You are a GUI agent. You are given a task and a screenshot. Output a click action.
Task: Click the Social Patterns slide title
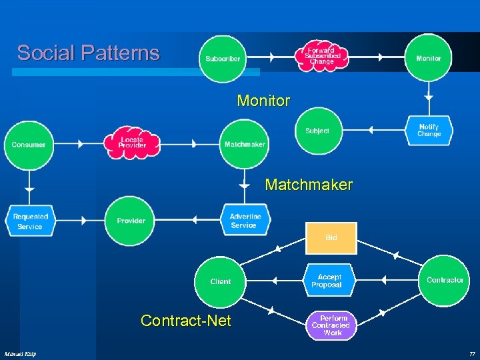[x=89, y=53]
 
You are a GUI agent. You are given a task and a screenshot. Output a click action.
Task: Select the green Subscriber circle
[x=223, y=59]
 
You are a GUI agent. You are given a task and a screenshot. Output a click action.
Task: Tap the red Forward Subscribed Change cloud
[x=322, y=54]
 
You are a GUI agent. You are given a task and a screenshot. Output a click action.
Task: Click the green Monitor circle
[x=428, y=58]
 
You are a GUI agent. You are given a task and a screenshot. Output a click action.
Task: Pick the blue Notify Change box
[x=429, y=131]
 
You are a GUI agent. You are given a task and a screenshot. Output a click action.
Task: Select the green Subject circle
[x=317, y=131]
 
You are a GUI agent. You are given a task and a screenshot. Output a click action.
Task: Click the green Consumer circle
[x=29, y=145]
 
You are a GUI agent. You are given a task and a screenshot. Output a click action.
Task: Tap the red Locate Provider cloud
[x=132, y=143]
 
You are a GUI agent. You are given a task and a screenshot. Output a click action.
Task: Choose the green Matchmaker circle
[x=244, y=144]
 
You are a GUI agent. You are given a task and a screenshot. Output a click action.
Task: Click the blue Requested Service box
[x=30, y=221]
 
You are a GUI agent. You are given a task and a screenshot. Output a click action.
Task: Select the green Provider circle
[x=131, y=221]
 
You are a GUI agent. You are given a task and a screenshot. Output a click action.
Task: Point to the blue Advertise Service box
[x=244, y=221]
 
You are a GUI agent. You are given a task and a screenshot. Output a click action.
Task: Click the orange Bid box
[x=331, y=238]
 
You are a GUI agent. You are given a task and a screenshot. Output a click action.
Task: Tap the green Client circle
[x=220, y=281]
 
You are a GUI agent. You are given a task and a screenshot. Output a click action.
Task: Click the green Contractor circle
[x=445, y=280]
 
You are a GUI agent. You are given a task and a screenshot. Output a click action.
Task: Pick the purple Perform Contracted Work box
[x=332, y=325]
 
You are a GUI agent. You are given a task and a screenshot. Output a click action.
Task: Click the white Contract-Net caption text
[x=186, y=321]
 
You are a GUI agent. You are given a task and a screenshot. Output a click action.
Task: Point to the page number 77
[x=471, y=353]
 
